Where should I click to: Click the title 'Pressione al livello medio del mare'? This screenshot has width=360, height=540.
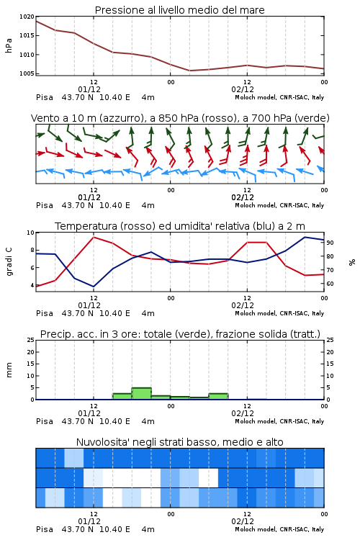(180, 10)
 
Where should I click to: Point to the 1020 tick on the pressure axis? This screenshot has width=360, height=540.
(27, 17)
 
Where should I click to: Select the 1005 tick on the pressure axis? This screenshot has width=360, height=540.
(27, 73)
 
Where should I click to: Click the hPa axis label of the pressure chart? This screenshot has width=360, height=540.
(9, 45)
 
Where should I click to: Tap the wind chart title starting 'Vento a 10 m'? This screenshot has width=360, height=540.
(180, 118)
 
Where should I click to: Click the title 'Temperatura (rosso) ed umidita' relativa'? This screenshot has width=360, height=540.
(180, 226)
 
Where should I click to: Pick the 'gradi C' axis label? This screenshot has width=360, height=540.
(9, 262)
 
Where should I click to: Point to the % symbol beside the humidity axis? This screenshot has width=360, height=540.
(352, 262)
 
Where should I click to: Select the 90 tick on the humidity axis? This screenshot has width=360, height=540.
(330, 243)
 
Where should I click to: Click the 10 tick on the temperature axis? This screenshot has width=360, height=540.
(30, 233)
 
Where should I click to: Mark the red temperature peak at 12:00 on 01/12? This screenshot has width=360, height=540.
(94, 238)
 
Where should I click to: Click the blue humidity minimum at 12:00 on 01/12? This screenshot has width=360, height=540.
(94, 287)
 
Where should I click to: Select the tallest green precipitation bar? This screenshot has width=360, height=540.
(142, 394)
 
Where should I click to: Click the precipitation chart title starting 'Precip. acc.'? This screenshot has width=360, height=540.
(180, 334)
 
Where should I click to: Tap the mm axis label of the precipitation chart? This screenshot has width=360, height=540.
(9, 370)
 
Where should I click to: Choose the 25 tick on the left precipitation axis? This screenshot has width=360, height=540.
(30, 341)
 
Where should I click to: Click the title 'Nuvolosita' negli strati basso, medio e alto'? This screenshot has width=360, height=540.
(180, 442)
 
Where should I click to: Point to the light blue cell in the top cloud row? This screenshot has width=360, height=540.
(74, 458)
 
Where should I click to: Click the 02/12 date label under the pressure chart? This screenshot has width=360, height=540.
(243, 89)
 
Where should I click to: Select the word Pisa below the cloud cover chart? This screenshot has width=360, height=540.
(45, 529)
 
